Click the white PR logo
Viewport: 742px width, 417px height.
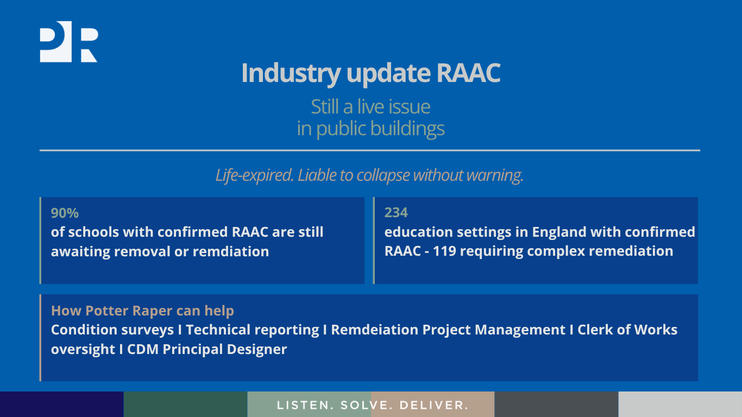pos(69,42)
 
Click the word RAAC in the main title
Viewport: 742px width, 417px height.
pos(468,73)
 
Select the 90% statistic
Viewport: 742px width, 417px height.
pos(65,213)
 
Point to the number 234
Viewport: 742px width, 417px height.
pos(396,213)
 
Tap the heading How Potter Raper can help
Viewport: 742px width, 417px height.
pos(142,311)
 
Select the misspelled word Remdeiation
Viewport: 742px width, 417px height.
pos(374,330)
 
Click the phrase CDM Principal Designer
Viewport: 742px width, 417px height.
pos(207,350)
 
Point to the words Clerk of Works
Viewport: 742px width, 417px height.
pos(627,330)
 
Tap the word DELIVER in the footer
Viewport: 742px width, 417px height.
pos(433,405)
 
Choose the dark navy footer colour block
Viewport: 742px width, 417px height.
pos(61,404)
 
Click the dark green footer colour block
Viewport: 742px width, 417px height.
pos(186,404)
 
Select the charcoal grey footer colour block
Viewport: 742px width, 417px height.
pos(556,404)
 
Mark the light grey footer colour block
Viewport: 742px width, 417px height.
pos(680,404)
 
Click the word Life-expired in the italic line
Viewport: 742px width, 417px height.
pos(254,175)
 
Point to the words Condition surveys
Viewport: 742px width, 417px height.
pos(112,330)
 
